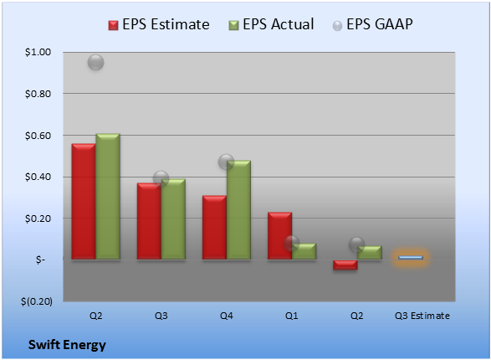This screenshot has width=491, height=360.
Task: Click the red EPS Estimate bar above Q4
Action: [x=214, y=228]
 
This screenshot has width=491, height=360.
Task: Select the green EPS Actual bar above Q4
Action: [x=238, y=210]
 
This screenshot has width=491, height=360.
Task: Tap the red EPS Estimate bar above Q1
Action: [x=279, y=236]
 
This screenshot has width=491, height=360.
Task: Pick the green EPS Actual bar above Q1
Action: [x=304, y=251]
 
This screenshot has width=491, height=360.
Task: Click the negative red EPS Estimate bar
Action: [x=345, y=265]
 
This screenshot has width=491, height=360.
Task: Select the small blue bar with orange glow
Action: [x=411, y=258]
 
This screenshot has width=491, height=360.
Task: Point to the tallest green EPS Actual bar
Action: [x=108, y=197]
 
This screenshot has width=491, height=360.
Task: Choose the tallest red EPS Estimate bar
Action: [x=84, y=202]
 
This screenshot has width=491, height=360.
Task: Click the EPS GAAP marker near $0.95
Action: [x=96, y=62]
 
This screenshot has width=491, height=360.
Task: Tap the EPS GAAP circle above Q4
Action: [x=226, y=162]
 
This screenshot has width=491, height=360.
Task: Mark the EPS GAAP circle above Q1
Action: [x=292, y=243]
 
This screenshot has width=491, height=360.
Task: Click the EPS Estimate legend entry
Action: [x=159, y=24]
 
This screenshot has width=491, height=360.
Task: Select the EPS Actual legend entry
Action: [x=271, y=24]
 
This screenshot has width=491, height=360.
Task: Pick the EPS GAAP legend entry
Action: [x=372, y=24]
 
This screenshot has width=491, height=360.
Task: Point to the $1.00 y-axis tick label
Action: [x=38, y=52]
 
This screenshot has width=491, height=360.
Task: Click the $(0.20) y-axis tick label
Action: [x=37, y=301]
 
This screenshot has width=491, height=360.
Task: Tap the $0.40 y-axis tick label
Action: [x=38, y=177]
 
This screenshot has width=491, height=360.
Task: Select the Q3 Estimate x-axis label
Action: [x=422, y=316]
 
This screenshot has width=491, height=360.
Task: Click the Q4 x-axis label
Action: [x=227, y=316]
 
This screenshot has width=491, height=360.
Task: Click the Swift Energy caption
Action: [x=67, y=345]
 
